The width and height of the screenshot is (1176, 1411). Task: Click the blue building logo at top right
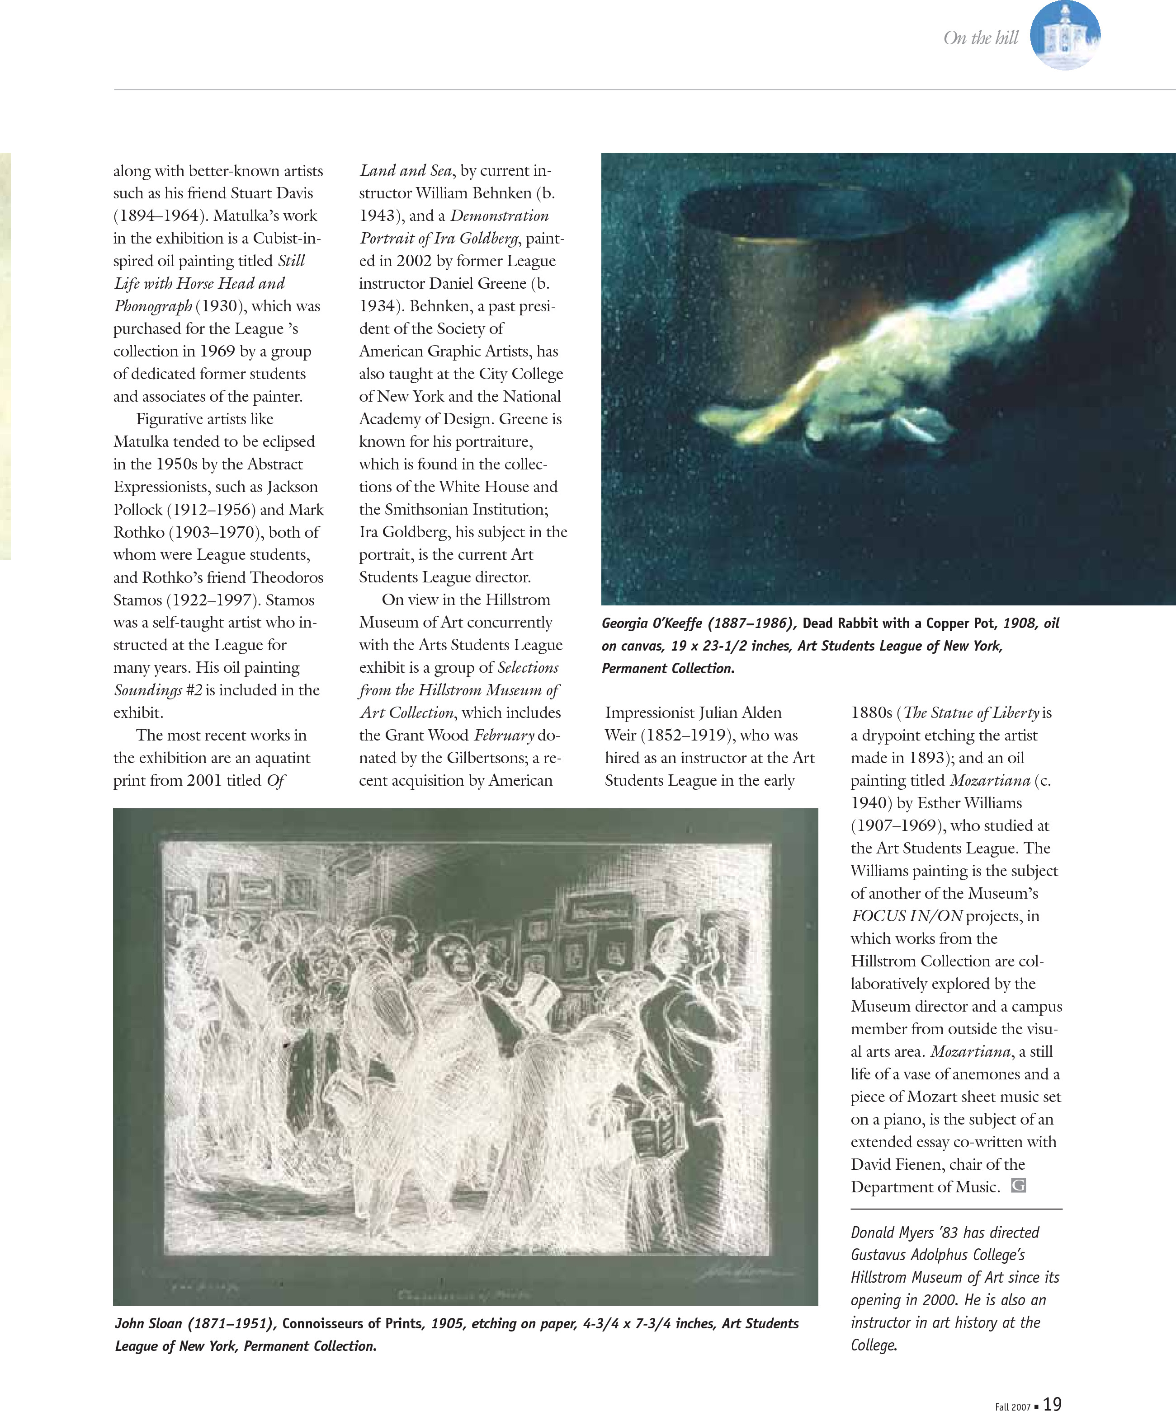(x=1065, y=35)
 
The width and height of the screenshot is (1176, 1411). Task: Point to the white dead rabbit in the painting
(x=941, y=336)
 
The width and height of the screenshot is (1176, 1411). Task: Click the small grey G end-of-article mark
(x=1019, y=1186)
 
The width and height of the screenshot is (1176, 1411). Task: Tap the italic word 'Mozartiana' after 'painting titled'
(x=990, y=781)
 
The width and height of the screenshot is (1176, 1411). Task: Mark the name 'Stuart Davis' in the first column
(x=272, y=193)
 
